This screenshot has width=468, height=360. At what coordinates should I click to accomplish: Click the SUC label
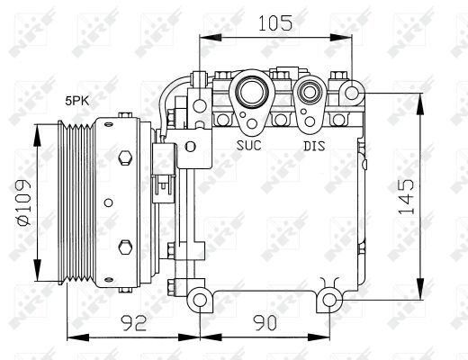249,144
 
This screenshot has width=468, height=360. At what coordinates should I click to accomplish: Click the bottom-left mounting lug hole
199,298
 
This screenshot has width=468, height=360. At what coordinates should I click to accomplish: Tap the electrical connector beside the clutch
163,175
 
